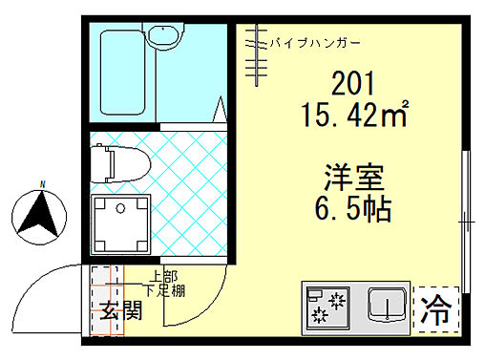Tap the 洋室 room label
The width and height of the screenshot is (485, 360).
pyautogui.click(x=352, y=178)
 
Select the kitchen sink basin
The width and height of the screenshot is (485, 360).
pyautogui.click(x=387, y=307)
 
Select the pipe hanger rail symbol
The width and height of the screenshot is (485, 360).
pyautogui.click(x=252, y=56)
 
